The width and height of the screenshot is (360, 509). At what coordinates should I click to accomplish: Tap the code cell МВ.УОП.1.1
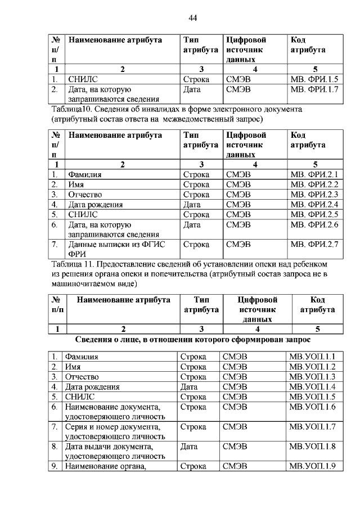click(x=312, y=357)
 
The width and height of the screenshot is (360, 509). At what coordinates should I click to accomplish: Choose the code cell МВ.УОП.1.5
click(x=312, y=397)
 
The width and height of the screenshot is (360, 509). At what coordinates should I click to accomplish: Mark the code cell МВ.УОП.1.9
click(x=312, y=466)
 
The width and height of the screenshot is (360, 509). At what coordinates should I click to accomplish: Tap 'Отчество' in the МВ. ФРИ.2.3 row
click(x=84, y=195)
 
